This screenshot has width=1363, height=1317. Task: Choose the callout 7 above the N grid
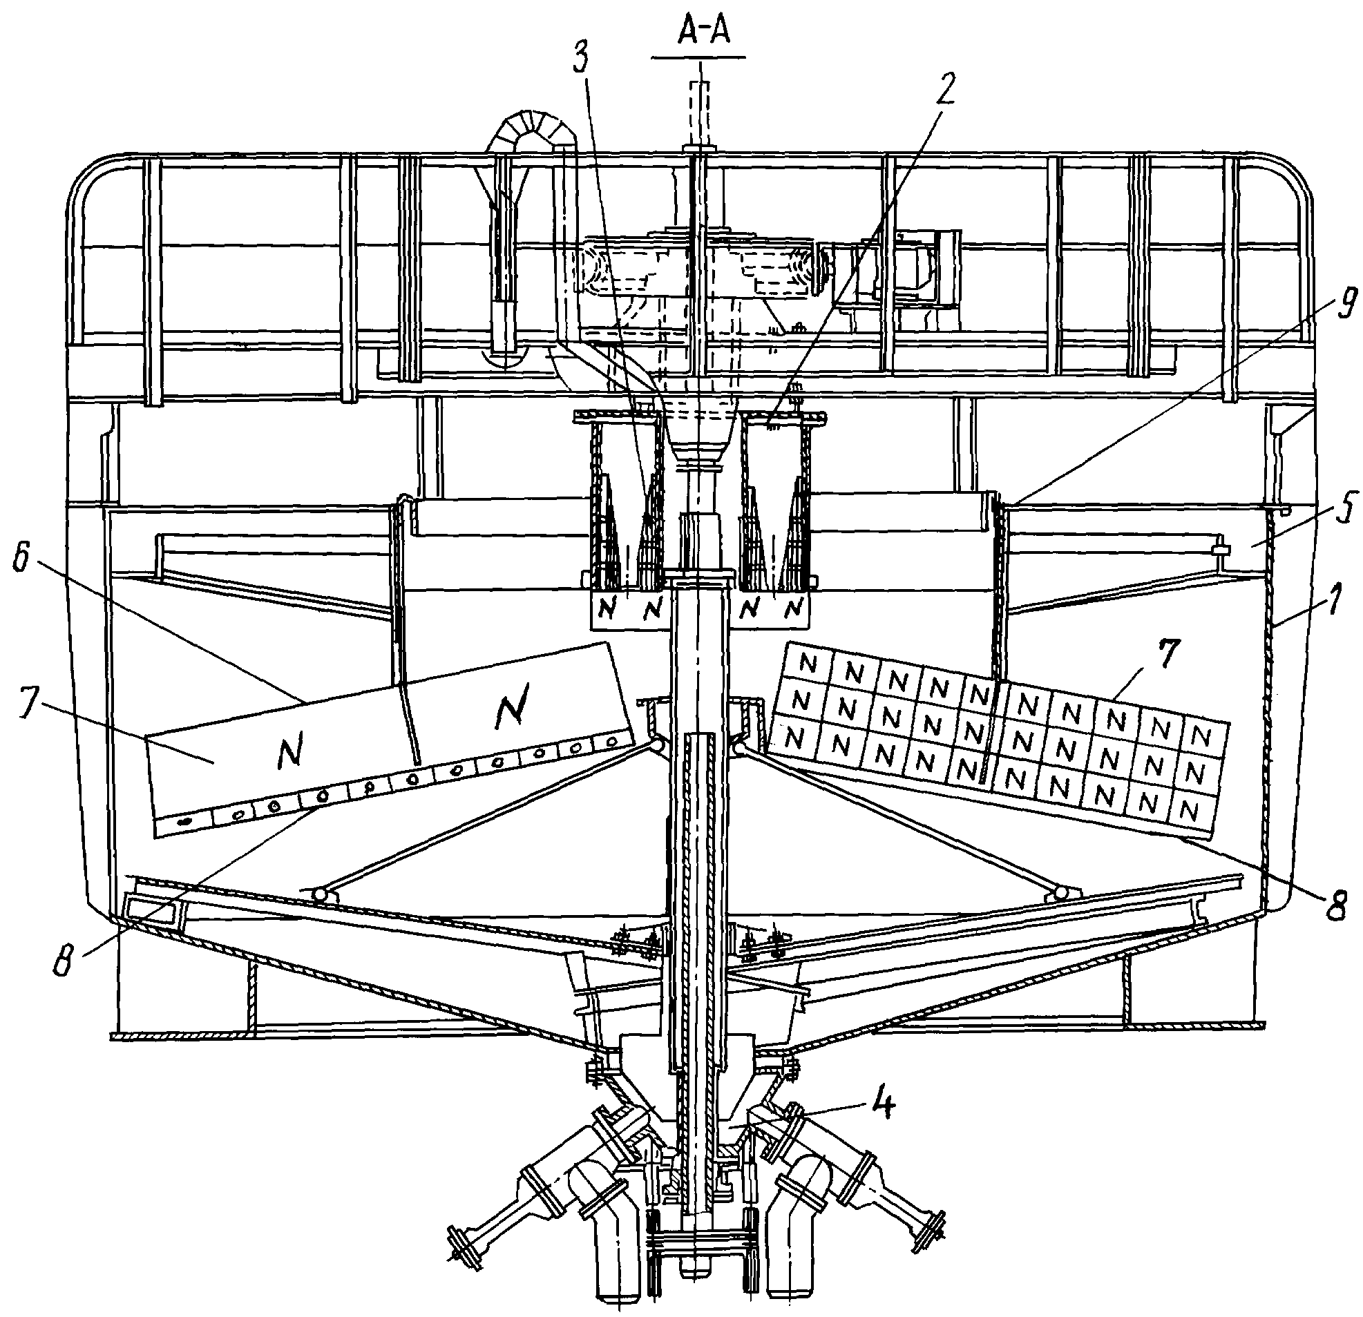click(x=1168, y=656)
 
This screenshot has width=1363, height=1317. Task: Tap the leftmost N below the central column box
click(x=608, y=610)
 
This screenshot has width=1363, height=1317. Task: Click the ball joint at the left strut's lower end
click(x=321, y=894)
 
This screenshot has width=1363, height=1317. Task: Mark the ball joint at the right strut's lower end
click(x=1061, y=892)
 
